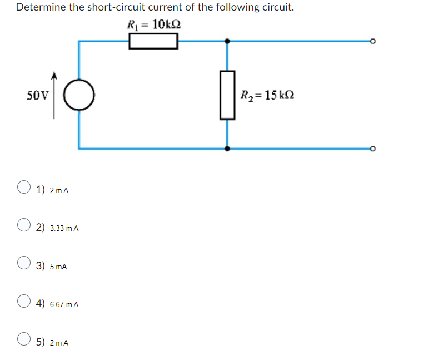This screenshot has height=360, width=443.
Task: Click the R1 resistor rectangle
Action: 153,41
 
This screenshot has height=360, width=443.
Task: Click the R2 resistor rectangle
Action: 227,95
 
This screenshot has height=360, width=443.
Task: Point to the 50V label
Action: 38,95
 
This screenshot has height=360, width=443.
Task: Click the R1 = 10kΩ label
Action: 153,24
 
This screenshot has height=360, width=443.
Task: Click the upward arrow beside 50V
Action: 54,95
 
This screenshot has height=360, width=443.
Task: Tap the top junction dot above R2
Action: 227,41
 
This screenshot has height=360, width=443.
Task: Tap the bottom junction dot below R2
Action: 227,149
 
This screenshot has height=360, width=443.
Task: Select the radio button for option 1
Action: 23,187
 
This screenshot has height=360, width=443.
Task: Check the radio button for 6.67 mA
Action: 23,301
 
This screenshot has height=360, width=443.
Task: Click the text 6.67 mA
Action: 64,305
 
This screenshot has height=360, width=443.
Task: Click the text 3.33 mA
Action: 64,229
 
